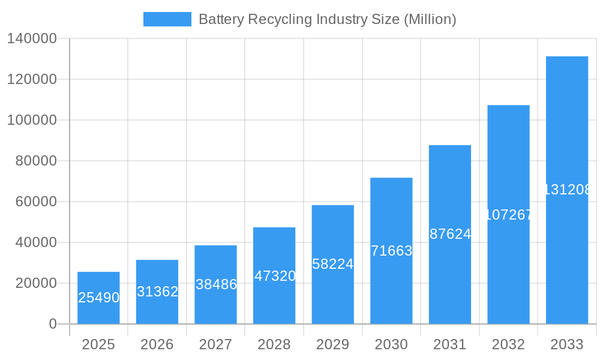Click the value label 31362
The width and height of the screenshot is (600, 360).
coord(157,292)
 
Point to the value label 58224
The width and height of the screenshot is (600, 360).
coord(333,264)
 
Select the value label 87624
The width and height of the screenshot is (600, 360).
coord(450,235)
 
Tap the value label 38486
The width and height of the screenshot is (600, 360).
coord(216,284)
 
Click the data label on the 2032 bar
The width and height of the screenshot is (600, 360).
coord(509,215)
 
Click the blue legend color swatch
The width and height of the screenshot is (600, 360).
coord(167,19)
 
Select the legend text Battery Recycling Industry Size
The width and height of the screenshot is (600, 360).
coord(327,19)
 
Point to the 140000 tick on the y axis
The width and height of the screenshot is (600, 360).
coord(32,38)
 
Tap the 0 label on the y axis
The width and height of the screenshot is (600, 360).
coord(52,324)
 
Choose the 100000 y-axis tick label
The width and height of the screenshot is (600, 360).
coord(32,120)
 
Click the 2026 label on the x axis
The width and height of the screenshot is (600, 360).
coord(157,344)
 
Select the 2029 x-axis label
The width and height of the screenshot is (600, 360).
coord(333,344)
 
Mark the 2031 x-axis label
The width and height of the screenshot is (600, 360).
coord(450,344)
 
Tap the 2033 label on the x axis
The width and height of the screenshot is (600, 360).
coord(567,344)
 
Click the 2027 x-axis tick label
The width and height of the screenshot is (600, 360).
coord(216,344)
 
